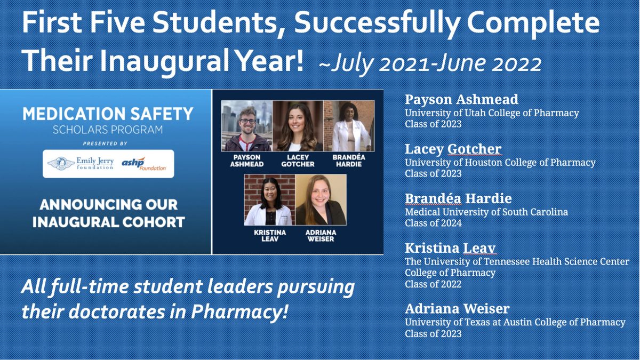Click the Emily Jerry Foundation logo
click(81, 163)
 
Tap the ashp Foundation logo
click(143, 164)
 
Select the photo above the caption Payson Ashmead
click(247, 126)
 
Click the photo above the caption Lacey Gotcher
click(298, 126)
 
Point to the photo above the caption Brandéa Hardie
click(349, 126)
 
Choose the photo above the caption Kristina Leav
click(270, 199)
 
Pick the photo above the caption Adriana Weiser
click(321, 199)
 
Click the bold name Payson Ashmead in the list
click(461, 100)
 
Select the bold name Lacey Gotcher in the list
click(453, 149)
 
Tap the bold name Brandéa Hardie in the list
click(458, 199)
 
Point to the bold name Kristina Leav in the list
click(450, 249)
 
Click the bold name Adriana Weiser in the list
click(457, 309)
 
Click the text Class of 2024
click(433, 223)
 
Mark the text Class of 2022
click(433, 284)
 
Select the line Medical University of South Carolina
click(486, 212)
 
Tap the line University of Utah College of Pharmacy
click(492, 113)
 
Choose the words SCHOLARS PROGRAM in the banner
click(108, 130)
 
